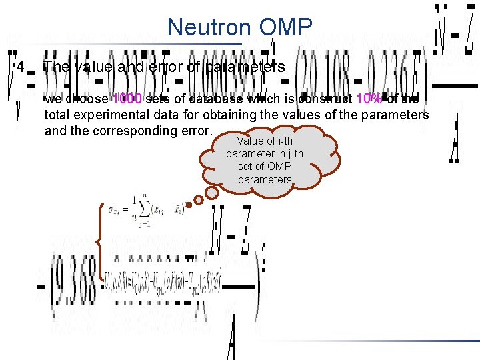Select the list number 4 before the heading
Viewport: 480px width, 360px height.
(22, 67)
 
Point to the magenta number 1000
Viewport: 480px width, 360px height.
(127, 99)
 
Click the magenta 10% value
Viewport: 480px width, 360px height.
(369, 99)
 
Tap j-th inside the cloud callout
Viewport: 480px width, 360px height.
(291, 154)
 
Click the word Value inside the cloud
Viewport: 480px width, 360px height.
(251, 141)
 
